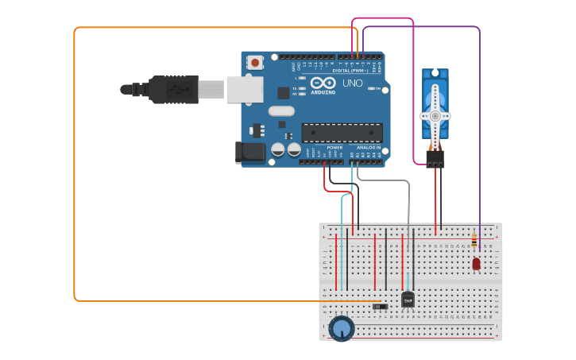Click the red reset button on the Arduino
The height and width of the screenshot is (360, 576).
point(254,62)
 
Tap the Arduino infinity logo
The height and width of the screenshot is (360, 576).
point(323,83)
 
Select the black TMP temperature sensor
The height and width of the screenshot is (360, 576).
point(408,300)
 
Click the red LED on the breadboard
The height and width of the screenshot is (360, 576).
point(476,263)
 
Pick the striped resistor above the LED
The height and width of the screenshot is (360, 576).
point(474,239)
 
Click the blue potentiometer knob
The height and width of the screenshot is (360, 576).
point(342,327)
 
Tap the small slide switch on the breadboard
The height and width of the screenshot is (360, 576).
point(381,306)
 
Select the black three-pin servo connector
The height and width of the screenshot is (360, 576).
point(435,159)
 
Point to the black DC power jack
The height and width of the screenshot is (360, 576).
point(250,152)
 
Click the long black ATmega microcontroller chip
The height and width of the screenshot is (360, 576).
point(342,133)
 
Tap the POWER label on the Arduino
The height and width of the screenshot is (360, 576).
point(334,147)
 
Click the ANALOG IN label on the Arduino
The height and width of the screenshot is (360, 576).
point(367,147)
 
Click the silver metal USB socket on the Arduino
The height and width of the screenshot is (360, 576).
point(245,89)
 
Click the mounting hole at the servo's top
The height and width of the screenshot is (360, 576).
point(435,73)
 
